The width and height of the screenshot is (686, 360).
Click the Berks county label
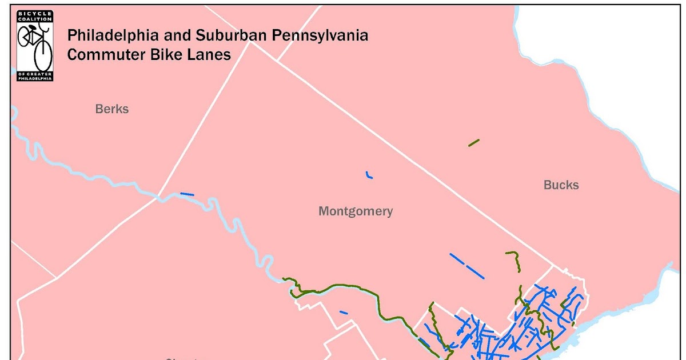pos(112,109)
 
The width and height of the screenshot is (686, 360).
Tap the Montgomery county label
pos(356,211)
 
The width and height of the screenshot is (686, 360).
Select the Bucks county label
pos(561,185)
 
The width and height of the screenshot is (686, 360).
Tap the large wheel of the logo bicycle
pos(43,55)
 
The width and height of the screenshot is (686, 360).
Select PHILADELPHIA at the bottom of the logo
pos(35,78)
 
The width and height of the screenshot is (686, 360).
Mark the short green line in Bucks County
pos(473,142)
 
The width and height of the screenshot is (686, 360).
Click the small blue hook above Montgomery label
pos(369,175)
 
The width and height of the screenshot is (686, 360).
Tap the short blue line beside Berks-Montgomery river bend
pos(187,194)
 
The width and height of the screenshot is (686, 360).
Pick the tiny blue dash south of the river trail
pos(344,312)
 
